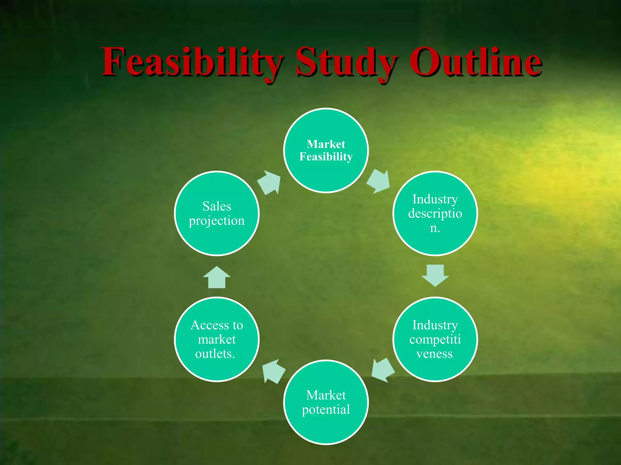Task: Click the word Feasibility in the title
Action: coord(191,62)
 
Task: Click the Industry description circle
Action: coord(435,242)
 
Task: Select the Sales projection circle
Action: coord(217,239)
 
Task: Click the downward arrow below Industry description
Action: coord(435,275)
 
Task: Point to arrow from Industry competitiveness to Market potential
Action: coord(383,370)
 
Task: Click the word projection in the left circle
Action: coord(217,221)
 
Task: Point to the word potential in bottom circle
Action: coord(326,410)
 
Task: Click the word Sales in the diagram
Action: coord(217,206)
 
